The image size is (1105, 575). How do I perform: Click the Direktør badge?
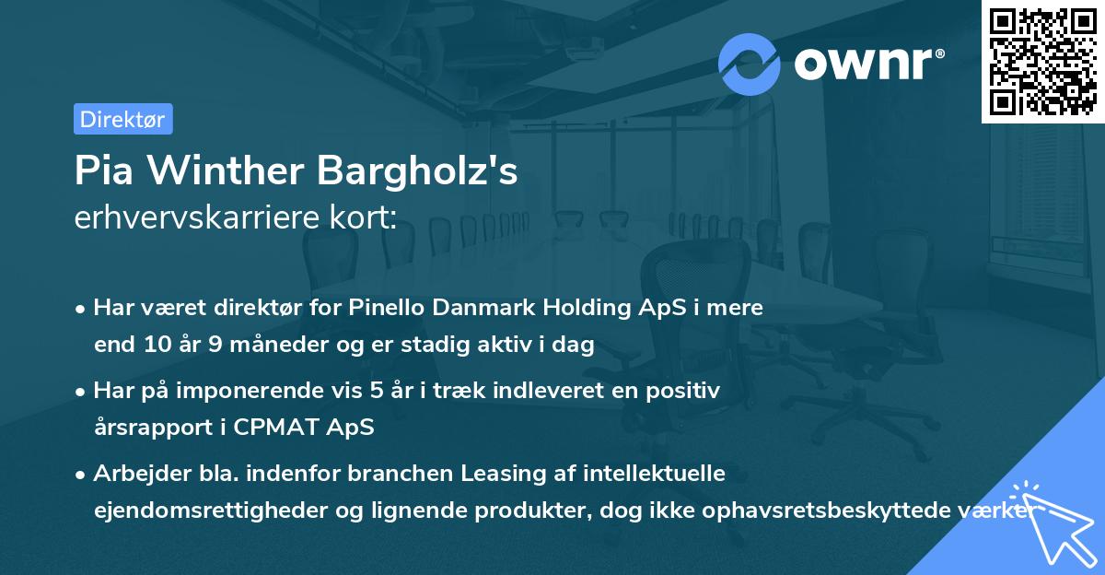[122, 119]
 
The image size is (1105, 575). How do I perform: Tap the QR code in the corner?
[1041, 61]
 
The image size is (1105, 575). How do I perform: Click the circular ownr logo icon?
[750, 65]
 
